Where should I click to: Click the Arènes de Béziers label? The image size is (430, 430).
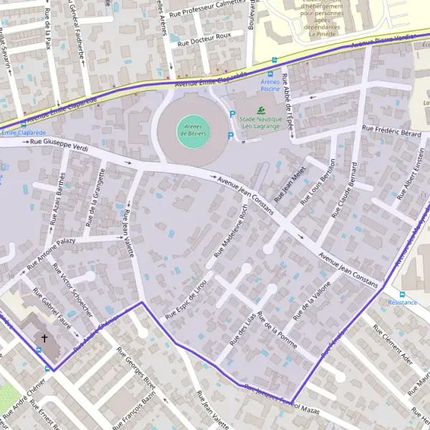click(191, 130)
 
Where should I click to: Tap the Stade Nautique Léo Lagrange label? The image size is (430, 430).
click(262, 123)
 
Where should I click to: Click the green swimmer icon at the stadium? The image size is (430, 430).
click(262, 110)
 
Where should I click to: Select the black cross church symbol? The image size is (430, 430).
click(44, 338)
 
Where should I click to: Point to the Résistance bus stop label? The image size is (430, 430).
click(402, 302)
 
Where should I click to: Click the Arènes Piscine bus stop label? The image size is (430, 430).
click(270, 87)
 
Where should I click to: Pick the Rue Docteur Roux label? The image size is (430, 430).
click(204, 37)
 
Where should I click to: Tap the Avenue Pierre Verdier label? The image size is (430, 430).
click(383, 41)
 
